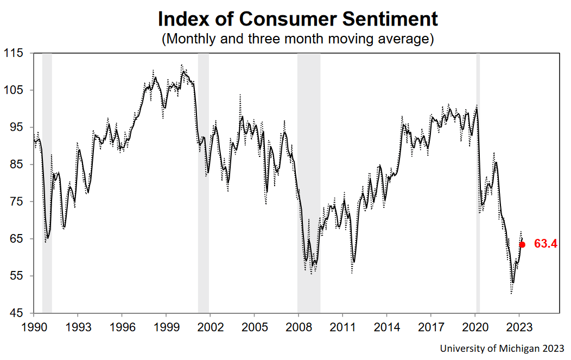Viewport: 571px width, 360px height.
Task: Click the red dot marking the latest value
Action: tap(522, 244)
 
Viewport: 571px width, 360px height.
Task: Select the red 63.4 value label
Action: tap(545, 244)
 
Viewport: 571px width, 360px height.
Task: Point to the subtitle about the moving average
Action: tap(298, 39)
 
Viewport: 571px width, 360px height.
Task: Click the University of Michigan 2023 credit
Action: tap(502, 348)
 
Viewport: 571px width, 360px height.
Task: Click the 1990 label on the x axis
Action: tap(33, 328)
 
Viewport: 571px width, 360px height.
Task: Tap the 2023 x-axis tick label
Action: tap(519, 328)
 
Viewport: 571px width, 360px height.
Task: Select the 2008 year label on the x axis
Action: tap(298, 328)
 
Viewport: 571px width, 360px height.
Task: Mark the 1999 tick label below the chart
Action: tap(166, 328)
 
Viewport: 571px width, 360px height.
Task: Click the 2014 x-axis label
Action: tap(386, 328)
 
